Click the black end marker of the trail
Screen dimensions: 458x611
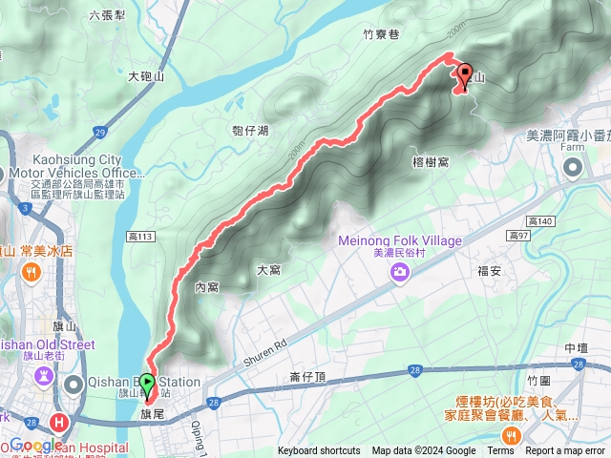click(466, 73)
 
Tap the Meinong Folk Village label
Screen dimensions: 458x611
click(399, 240)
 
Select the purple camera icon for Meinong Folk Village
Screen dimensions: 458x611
click(399, 274)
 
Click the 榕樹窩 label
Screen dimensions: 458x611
click(432, 162)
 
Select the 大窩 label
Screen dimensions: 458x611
click(268, 270)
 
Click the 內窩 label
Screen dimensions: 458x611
click(206, 286)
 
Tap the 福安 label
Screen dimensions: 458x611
click(490, 271)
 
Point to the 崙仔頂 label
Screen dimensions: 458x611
click(308, 379)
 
